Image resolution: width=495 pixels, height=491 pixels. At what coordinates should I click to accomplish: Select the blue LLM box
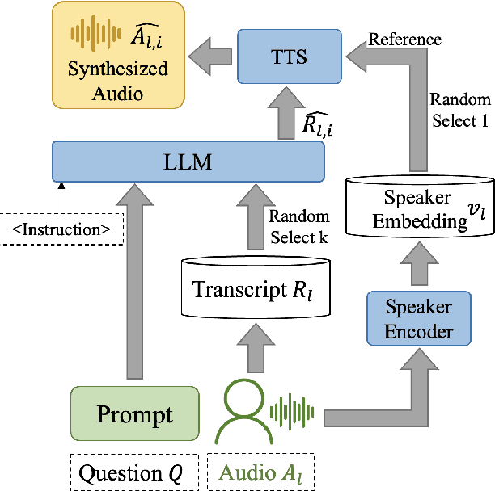pyautogui.click(x=188, y=162)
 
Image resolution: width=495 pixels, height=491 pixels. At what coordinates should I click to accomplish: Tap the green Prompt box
pyautogui.click(x=134, y=415)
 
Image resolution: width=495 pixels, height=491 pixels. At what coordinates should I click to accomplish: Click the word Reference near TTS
pyautogui.click(x=405, y=39)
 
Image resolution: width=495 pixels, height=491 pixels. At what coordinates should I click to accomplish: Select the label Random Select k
pyautogui.click(x=298, y=226)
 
